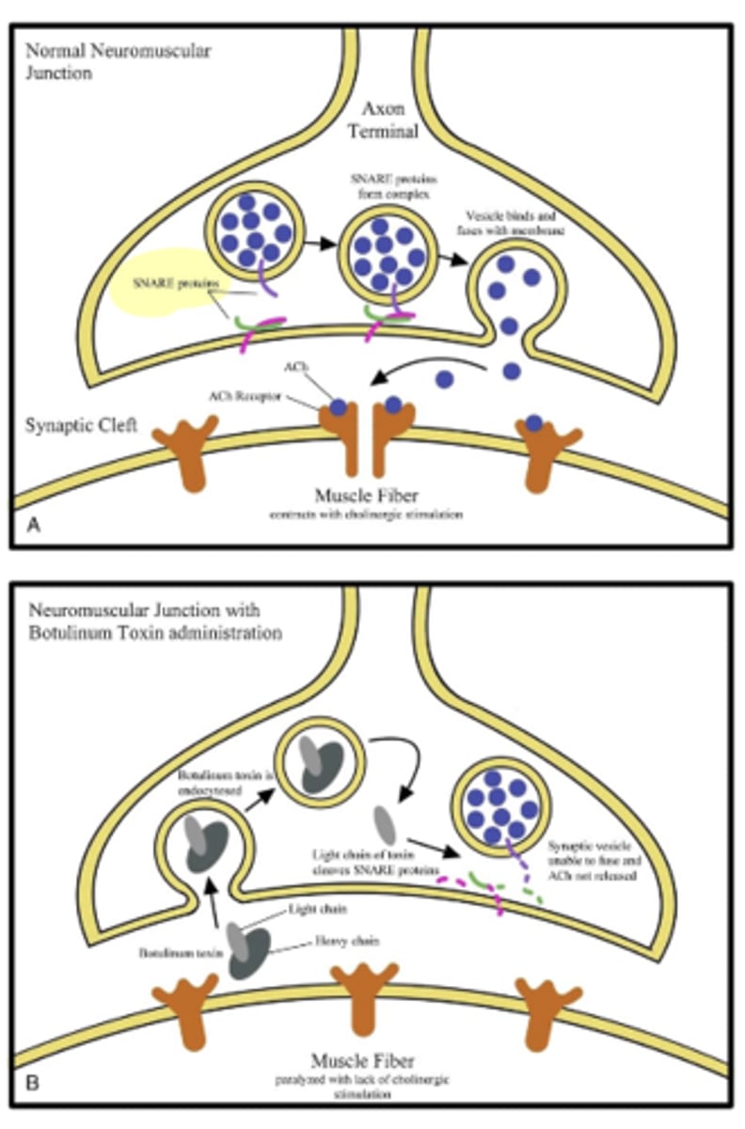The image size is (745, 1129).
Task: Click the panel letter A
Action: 34,527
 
